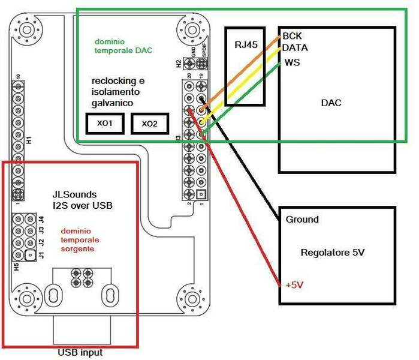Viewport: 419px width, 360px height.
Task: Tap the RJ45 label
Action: [x=245, y=45]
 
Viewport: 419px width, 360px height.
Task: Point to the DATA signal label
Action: [x=295, y=47]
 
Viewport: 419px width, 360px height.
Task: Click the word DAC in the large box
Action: [x=331, y=103]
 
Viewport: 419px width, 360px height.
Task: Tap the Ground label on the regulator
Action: [x=302, y=220]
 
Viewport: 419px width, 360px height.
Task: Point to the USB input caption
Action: [x=80, y=352]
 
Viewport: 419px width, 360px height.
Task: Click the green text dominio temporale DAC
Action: [x=123, y=46]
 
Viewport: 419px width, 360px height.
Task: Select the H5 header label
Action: [x=17, y=266]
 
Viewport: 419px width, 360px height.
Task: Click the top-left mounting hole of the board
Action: [x=26, y=28]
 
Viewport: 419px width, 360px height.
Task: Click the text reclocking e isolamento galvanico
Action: [x=118, y=92]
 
